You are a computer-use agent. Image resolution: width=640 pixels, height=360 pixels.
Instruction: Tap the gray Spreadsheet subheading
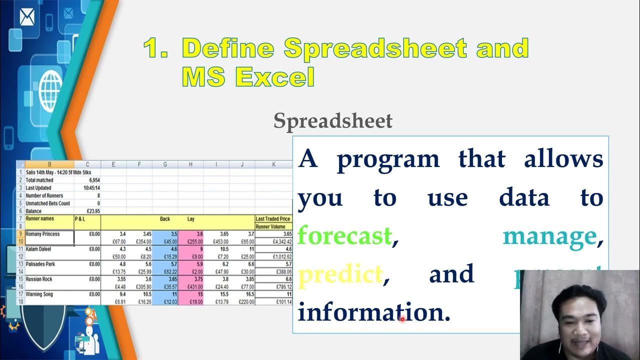[333, 121]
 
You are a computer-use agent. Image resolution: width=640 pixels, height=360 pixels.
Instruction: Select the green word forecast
[344, 235]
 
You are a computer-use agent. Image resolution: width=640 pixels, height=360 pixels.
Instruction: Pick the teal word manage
[549, 235]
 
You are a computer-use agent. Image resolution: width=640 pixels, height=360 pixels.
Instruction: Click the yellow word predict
[340, 274]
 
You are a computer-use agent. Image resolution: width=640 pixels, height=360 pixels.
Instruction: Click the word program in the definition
[387, 159]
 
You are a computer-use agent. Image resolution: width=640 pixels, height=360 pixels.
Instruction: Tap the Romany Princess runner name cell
[43, 234]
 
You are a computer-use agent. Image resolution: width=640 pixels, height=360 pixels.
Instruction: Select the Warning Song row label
[40, 294]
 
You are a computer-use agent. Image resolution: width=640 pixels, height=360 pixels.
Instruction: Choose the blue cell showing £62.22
[165, 271]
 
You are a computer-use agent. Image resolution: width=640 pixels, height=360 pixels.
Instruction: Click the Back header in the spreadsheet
[164, 219]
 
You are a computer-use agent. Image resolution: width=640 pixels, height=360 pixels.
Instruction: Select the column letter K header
[273, 164]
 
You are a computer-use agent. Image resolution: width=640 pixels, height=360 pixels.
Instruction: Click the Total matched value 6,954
[93, 179]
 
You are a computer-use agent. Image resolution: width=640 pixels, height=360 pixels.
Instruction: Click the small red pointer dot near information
[402, 318]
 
